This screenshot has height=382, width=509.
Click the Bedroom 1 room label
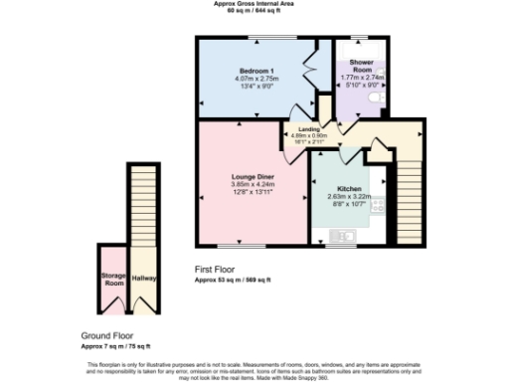point(256,71)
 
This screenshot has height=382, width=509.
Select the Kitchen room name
point(349,188)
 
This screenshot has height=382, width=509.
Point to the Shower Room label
point(360,66)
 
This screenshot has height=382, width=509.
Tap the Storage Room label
point(111,279)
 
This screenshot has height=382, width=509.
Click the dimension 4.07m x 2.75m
point(256,79)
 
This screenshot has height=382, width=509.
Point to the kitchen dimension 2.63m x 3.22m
point(349,196)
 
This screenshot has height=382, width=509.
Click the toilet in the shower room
point(383,88)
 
